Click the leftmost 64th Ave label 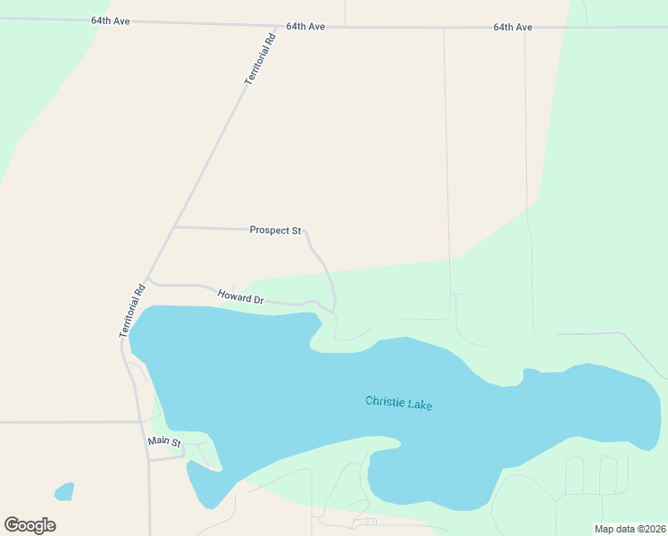click(110, 20)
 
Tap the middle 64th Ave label click(305, 27)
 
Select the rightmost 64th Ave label click(513, 27)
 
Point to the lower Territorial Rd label click(130, 311)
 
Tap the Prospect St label click(275, 230)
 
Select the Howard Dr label click(240, 296)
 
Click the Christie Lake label click(398, 403)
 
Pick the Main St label click(164, 442)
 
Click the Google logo click(29, 525)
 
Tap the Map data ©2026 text click(630, 529)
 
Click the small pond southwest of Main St click(63, 491)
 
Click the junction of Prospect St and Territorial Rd click(174, 227)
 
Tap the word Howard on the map click(232, 293)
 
